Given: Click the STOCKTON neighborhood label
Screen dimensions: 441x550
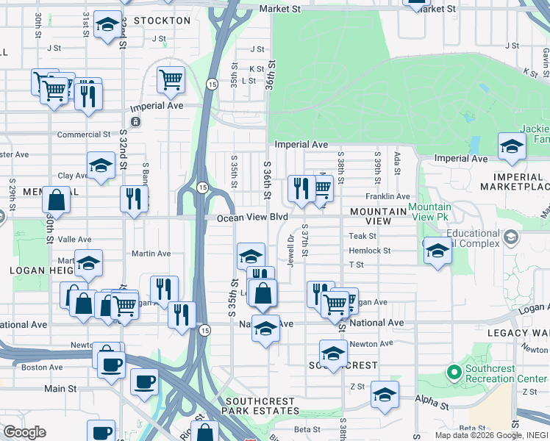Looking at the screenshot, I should point(162,21).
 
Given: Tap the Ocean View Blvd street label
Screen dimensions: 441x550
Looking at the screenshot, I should point(251,218).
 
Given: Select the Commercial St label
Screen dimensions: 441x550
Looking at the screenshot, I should point(84,135).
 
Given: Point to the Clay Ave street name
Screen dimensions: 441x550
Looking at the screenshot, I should point(73,176).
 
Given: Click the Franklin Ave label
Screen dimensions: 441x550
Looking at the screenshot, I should point(387,197).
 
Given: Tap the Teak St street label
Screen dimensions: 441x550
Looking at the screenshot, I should point(362,236).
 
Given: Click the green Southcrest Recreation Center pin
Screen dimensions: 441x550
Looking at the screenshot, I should point(454,373).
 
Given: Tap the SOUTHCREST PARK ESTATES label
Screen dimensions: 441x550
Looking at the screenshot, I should point(260,406).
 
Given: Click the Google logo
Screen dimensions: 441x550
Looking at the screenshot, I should point(24,432).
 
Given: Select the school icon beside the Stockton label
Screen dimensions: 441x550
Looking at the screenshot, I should point(107,26).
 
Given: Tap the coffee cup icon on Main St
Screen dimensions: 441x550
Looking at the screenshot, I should point(144,381).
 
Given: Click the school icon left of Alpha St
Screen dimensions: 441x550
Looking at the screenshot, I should point(385,395).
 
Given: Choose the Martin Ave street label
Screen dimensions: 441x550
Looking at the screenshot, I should point(151,254).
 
